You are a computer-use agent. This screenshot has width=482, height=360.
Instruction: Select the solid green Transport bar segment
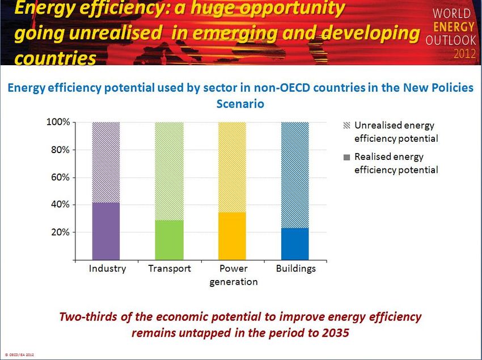(x=169, y=239)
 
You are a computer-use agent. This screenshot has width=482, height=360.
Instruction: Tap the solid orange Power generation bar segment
(x=232, y=235)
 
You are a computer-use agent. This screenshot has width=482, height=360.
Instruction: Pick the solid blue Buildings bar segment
(x=295, y=243)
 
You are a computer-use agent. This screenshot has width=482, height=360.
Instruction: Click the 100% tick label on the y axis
(x=58, y=122)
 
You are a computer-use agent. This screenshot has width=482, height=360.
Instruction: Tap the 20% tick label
(x=60, y=232)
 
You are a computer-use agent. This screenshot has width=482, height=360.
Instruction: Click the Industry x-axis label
(x=107, y=269)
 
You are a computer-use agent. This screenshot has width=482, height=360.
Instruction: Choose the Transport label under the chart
(x=170, y=269)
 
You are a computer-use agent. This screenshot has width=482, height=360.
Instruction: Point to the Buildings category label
(x=295, y=269)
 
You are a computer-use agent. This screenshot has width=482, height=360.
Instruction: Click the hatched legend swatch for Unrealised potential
(x=347, y=126)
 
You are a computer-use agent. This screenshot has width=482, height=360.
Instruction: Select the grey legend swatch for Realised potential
(x=347, y=157)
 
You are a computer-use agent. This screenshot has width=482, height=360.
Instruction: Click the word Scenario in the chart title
(x=240, y=104)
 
